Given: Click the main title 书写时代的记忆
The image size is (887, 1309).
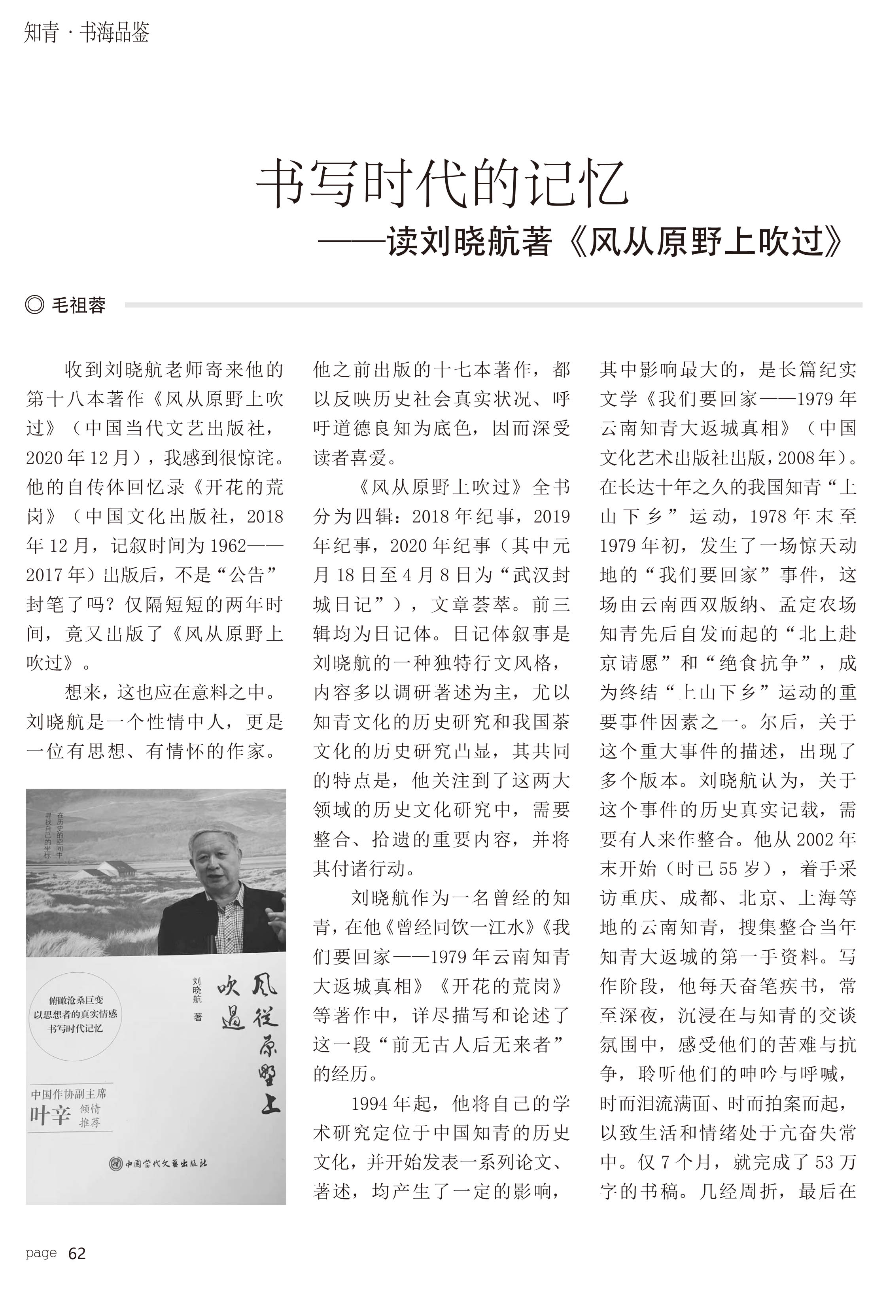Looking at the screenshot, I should [443, 183].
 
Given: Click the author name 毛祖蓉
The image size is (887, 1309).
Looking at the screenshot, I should [78, 305].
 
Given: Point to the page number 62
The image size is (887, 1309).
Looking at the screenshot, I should [77, 1253].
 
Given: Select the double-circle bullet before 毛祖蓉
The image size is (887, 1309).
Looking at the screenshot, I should [34, 305].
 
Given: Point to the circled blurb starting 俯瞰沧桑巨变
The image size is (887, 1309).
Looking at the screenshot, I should [75, 1014].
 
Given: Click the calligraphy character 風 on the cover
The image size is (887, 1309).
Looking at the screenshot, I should [263, 984].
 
